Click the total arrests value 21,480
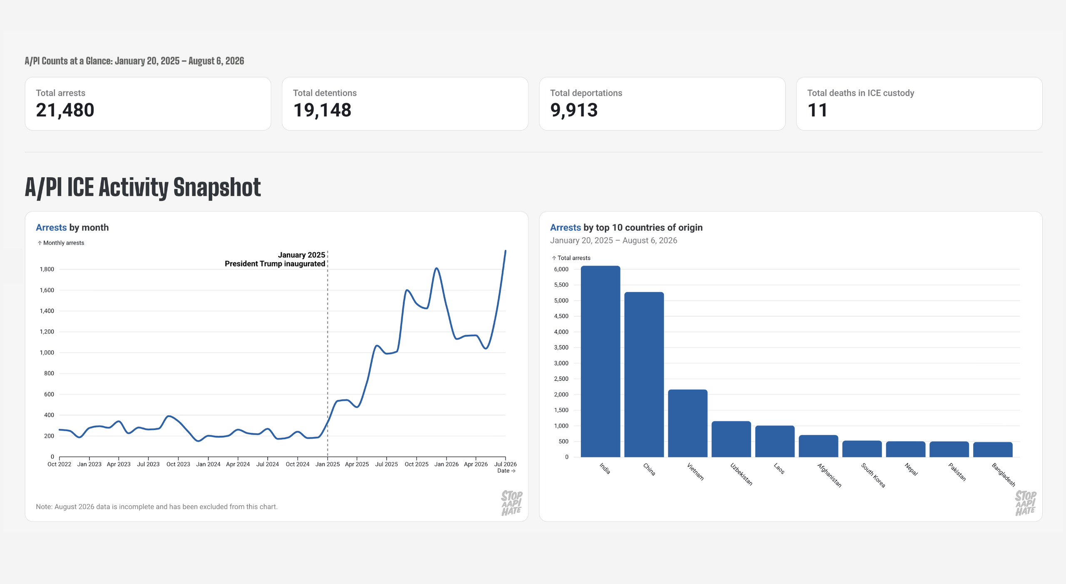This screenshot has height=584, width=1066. point(65,110)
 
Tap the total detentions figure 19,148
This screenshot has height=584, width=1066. point(322,110)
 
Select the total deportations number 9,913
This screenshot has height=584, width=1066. point(574,110)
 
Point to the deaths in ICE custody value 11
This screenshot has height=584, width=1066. point(817,110)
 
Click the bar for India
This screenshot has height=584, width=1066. point(600,361)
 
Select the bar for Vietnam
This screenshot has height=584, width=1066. point(687,423)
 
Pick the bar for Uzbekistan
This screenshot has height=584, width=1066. point(731,439)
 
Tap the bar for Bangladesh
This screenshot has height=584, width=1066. point(993,450)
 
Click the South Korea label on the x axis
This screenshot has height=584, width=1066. point(873,475)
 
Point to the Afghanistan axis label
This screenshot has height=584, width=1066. point(829,475)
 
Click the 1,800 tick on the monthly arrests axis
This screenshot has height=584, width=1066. point(47,269)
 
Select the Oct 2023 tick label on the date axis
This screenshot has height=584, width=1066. point(178,464)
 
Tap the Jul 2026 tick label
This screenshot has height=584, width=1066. point(506,464)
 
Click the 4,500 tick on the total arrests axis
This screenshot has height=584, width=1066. point(561,316)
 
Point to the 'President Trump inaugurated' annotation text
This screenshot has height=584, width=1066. point(275,264)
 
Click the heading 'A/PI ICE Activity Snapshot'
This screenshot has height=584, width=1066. point(143,187)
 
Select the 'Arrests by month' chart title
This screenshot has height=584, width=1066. point(72,228)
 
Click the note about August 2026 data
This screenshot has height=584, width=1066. point(157,507)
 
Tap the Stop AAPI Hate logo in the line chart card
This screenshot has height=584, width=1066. point(512,503)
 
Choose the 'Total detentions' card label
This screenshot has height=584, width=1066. point(325,93)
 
